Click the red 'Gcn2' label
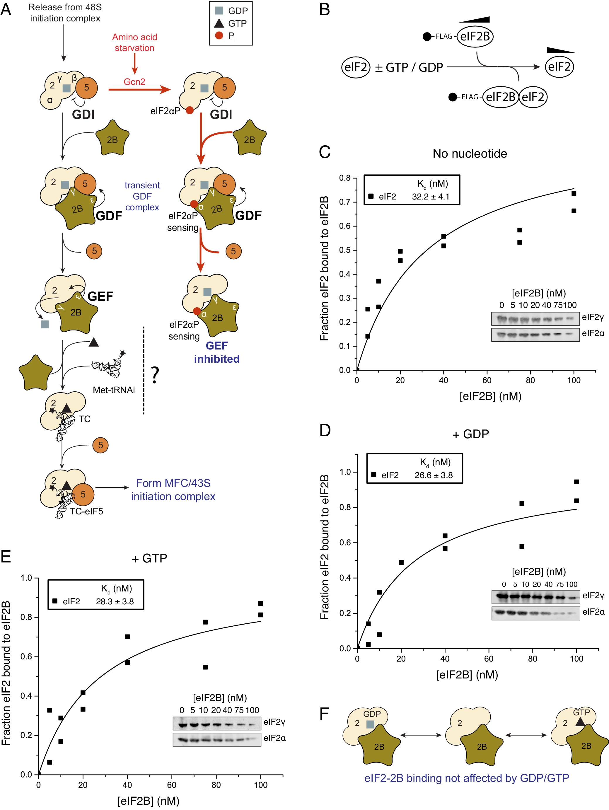click(x=134, y=82)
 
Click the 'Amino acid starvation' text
click(x=134, y=42)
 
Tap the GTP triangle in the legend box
click(x=219, y=23)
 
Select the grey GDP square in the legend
click(x=219, y=11)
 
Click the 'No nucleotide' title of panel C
click(x=470, y=154)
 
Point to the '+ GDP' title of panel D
click(x=470, y=434)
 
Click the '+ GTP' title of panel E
click(x=149, y=558)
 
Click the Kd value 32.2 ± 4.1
click(x=430, y=197)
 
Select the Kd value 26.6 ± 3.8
click(x=433, y=475)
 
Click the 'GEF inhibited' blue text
click(x=217, y=352)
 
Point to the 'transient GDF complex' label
click(x=142, y=196)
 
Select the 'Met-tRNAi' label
click(x=114, y=390)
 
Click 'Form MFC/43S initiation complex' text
click(x=173, y=490)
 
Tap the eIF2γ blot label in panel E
click(x=274, y=722)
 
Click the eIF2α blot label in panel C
click(x=593, y=333)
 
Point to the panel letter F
click(x=325, y=714)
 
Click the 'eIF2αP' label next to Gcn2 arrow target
click(x=165, y=111)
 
